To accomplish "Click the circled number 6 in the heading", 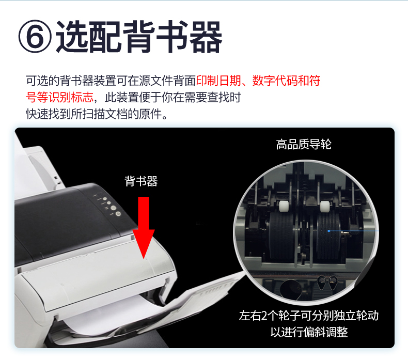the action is point(35,37).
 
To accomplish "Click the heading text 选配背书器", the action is point(139,37).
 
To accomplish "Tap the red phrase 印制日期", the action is point(218,81).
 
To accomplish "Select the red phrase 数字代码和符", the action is point(286,81).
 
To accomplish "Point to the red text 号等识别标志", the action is point(59,97).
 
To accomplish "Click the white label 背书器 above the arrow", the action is point(141,181).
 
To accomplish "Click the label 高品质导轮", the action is point(304,144).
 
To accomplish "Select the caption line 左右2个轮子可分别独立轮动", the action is point(309,316).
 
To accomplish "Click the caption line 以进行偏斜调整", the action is point(309,332).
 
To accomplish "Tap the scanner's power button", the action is point(118,214).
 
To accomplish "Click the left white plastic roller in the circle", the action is point(283,207).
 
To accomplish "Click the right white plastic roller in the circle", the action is point(324,207).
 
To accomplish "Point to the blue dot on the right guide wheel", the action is point(329,231).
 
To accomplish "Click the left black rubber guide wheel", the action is point(282,236).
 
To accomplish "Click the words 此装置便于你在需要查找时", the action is point(173,97).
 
